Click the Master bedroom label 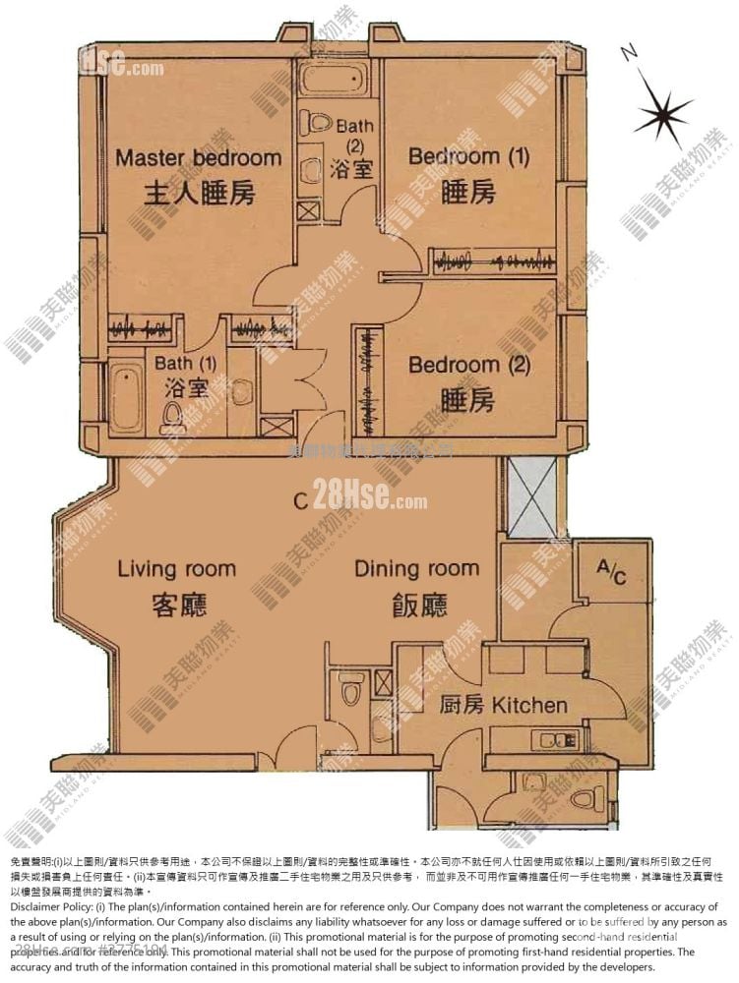point(198,157)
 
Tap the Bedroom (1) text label point(468,156)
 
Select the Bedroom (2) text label point(469,365)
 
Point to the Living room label point(177,568)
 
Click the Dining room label point(416,568)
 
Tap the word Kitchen point(529,705)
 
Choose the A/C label point(611,573)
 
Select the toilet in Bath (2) point(318,124)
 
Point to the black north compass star point(661,112)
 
